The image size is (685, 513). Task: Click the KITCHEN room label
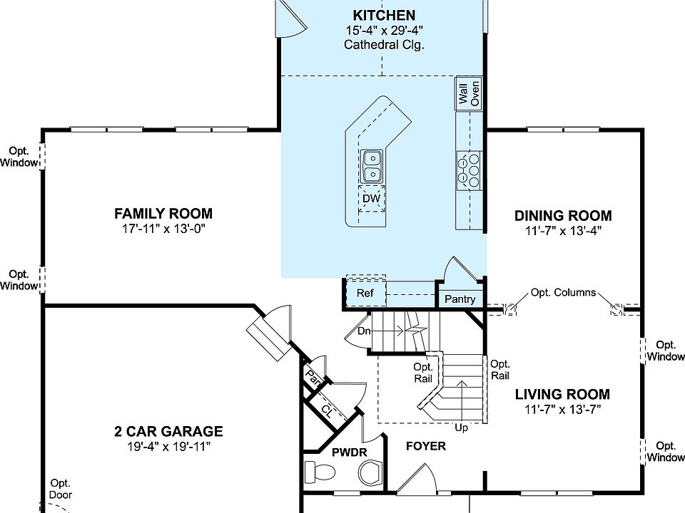[384, 15]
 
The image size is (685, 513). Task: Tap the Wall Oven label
[469, 93]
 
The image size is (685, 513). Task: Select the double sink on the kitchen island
[372, 166]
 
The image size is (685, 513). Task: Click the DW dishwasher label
[371, 199]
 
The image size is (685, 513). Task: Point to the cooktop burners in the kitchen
[470, 170]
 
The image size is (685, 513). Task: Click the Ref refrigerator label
[365, 293]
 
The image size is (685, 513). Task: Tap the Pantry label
[460, 299]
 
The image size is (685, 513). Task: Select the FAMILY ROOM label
[163, 213]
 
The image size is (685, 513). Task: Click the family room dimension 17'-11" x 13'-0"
[163, 229]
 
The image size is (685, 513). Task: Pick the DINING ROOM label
[563, 216]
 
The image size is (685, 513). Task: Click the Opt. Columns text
[563, 293]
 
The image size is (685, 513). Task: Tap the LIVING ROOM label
[563, 394]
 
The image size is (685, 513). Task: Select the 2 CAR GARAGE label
[168, 431]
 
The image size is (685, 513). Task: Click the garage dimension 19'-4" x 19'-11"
[168, 447]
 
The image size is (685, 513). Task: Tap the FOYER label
[426, 446]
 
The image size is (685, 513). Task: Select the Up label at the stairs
[462, 428]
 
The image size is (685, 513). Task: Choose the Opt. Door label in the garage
[61, 489]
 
